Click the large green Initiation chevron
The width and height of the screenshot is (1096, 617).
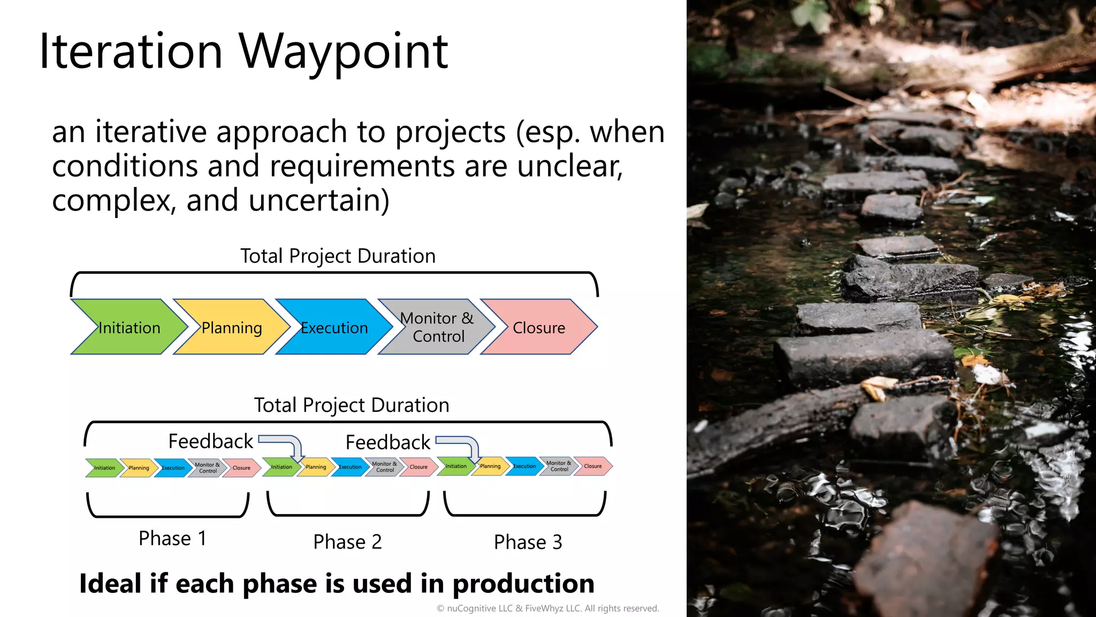pyautogui.click(x=128, y=327)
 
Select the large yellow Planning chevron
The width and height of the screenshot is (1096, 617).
pyautogui.click(x=231, y=327)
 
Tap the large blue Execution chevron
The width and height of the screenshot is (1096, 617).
pyautogui.click(x=334, y=327)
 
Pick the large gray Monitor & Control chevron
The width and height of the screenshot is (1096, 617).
pyautogui.click(x=437, y=327)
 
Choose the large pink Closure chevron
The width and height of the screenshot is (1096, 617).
pyautogui.click(x=539, y=327)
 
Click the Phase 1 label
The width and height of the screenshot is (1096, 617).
pyautogui.click(x=172, y=538)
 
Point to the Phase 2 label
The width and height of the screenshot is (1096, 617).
pyautogui.click(x=347, y=542)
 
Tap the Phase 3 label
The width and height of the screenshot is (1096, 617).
pyautogui.click(x=528, y=542)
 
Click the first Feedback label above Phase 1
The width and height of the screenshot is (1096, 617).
pyautogui.click(x=210, y=441)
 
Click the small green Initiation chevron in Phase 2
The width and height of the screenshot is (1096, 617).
pyautogui.click(x=281, y=467)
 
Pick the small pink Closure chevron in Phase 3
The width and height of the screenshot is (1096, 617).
pyautogui.click(x=593, y=466)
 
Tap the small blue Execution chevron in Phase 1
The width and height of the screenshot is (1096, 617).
pyautogui.click(x=173, y=468)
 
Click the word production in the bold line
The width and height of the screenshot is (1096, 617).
pyautogui.click(x=523, y=584)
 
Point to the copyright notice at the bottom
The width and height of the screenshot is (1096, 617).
pyautogui.click(x=547, y=608)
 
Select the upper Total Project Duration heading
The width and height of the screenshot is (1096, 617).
pyautogui.click(x=338, y=256)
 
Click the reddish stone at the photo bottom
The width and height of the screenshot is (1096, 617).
pyautogui.click(x=931, y=562)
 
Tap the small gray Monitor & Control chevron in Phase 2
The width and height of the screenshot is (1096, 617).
pyautogui.click(x=384, y=467)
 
